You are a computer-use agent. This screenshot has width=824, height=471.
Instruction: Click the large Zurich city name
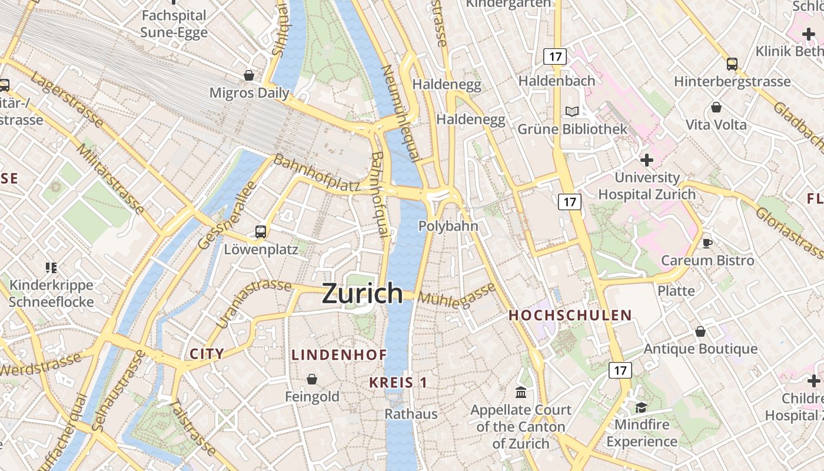362,293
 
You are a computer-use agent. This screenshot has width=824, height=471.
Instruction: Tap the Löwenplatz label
261,250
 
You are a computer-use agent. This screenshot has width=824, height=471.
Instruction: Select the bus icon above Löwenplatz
261,231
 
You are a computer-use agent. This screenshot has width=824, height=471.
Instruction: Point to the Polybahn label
448,226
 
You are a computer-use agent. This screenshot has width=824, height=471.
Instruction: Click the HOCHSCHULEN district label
570,316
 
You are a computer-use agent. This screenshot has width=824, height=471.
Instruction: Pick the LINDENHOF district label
339,354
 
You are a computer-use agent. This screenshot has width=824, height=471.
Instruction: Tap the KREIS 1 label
398,383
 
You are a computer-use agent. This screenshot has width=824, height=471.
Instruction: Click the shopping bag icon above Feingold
312,379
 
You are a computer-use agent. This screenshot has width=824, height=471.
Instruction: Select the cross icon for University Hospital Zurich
647,160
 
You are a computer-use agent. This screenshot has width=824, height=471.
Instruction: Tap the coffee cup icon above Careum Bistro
707,243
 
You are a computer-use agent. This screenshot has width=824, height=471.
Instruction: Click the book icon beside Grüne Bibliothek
572,111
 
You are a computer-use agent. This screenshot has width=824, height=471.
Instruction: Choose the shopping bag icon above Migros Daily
249,75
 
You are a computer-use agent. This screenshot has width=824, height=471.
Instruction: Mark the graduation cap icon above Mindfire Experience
641,407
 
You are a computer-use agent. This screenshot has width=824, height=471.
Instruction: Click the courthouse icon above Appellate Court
521,392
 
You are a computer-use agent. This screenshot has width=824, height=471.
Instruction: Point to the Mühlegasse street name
457,296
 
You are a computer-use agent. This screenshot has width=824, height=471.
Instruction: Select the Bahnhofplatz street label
317,173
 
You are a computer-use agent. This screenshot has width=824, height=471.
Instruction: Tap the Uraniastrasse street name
254,303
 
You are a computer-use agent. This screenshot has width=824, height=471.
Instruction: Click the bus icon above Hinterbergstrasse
732,64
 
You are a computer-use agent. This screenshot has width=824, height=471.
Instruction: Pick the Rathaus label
411,414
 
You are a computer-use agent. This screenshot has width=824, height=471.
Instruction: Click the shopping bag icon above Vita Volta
716,107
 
